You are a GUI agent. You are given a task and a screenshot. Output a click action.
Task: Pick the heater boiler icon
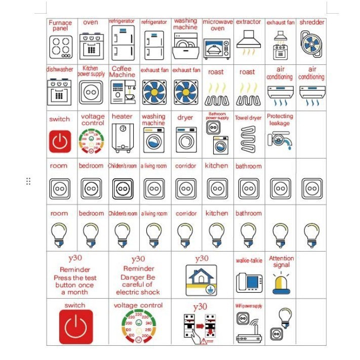click(x=122, y=138)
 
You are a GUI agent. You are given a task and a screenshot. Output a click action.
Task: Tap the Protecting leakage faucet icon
click(x=279, y=140)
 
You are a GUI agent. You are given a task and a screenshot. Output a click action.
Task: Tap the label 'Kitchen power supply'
click(x=91, y=71)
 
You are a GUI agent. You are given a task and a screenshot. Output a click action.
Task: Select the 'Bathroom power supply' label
click(x=217, y=116)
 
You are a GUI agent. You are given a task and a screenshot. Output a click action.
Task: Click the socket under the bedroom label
click(x=91, y=188)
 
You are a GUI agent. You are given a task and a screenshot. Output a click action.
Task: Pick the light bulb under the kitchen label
click(x=217, y=234)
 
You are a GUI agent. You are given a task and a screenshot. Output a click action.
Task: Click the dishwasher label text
click(x=60, y=69)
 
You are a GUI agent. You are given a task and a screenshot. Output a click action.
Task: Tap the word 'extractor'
click(x=248, y=22)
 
